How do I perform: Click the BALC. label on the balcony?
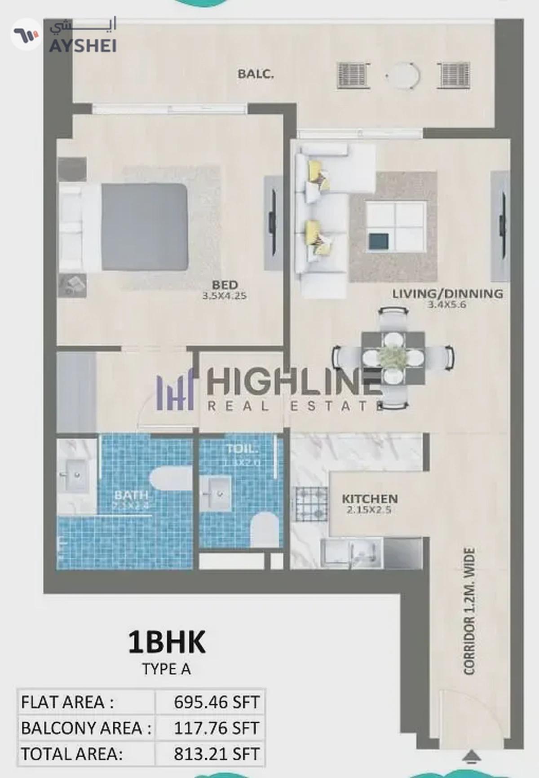click(x=255, y=74)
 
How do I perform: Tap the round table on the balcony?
click(x=403, y=75)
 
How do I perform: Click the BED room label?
click(x=225, y=285)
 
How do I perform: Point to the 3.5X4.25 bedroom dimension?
click(x=224, y=296)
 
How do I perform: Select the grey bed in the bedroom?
click(x=144, y=227)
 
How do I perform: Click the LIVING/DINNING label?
click(x=447, y=294)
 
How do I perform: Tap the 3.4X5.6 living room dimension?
click(x=447, y=305)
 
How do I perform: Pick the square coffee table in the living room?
click(x=396, y=226)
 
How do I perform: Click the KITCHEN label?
click(x=370, y=499)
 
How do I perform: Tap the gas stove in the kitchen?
click(x=310, y=504)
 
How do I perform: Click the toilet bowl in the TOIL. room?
click(x=263, y=530)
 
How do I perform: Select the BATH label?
click(x=131, y=495)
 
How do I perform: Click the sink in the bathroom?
click(x=74, y=475)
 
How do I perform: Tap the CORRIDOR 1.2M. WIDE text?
click(x=469, y=611)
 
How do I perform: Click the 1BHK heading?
click(x=167, y=642)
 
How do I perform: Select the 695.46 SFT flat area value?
click(x=216, y=702)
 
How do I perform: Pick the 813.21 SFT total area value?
click(x=216, y=754)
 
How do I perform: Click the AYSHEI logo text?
click(x=83, y=45)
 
